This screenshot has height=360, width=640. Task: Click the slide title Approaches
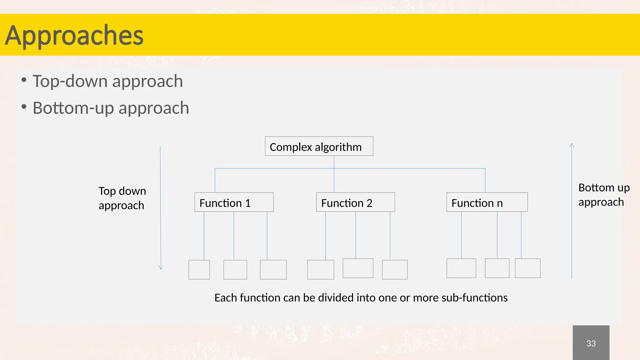click(x=74, y=35)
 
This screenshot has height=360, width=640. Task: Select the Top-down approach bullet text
click(x=107, y=81)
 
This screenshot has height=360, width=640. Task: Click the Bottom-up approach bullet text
click(x=111, y=108)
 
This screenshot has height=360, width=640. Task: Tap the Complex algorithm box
click(x=319, y=146)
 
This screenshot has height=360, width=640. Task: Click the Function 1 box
click(x=234, y=202)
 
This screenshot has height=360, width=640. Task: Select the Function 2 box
click(x=355, y=202)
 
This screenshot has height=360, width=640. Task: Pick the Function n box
click(x=487, y=202)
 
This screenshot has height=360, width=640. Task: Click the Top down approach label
click(x=122, y=198)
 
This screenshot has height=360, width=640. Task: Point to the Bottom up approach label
click(x=603, y=195)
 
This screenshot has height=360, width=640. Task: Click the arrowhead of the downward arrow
click(x=161, y=267)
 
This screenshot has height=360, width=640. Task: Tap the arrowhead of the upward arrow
click(x=572, y=145)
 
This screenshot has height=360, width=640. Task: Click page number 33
click(x=591, y=343)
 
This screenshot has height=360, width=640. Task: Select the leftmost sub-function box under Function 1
click(x=199, y=270)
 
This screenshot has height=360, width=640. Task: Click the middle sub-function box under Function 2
click(x=358, y=268)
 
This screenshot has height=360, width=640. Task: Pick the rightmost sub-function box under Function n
click(x=527, y=268)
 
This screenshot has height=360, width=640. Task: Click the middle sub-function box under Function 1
click(x=235, y=270)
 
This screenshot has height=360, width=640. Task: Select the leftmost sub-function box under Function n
click(x=461, y=268)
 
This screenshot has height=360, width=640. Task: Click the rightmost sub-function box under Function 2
click(x=394, y=270)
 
